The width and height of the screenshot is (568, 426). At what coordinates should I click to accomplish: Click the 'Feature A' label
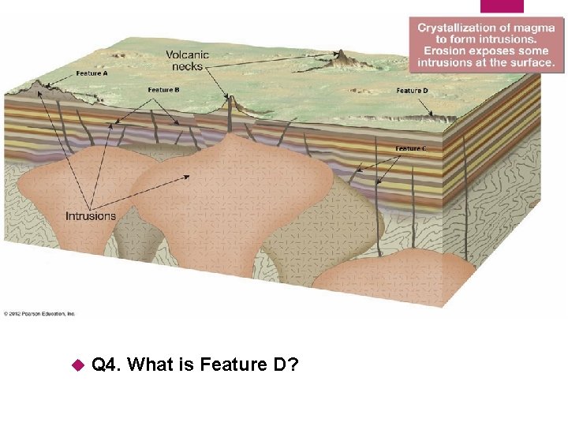(92, 73)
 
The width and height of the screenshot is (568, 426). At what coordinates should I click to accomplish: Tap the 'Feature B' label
(164, 90)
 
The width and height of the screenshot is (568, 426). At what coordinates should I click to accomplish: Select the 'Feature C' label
(412, 148)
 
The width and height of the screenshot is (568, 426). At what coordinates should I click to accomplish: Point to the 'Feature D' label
(412, 91)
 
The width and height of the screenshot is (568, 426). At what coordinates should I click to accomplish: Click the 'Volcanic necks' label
(187, 61)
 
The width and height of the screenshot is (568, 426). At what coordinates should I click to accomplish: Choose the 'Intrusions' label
(90, 215)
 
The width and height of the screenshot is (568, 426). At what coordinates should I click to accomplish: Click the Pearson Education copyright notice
(39, 313)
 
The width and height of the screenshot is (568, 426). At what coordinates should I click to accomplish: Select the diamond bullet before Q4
(77, 365)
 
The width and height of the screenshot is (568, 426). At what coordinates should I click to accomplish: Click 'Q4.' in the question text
(106, 364)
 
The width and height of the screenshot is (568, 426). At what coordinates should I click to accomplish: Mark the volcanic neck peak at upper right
(342, 54)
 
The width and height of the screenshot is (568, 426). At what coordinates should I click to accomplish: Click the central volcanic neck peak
(230, 99)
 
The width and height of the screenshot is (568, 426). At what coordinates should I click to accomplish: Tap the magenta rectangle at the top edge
(502, 6)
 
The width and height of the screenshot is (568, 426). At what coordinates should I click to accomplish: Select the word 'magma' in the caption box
(533, 28)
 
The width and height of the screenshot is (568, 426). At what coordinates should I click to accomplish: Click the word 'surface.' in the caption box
(532, 62)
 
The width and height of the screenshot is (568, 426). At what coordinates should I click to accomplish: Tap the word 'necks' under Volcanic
(187, 66)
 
